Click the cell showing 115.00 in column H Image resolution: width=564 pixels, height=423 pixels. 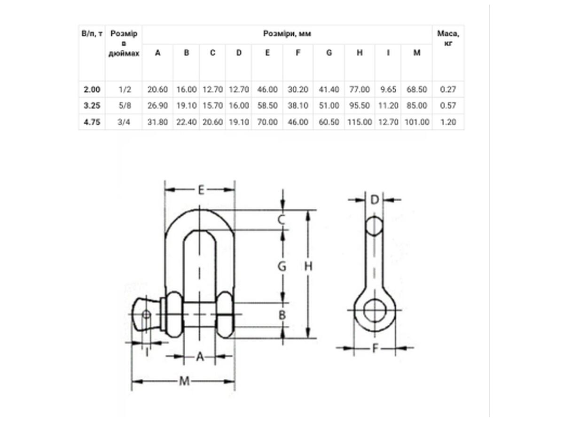click(360, 122)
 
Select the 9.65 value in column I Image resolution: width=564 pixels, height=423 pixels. click(388, 89)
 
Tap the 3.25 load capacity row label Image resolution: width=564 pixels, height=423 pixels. click(92, 106)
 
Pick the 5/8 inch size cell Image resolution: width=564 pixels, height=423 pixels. click(125, 106)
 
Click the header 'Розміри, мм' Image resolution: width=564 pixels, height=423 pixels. click(287, 34)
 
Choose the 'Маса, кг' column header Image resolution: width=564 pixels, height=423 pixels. click(448, 38)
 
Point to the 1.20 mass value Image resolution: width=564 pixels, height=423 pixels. click(448, 122)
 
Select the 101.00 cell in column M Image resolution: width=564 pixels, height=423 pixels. click(417, 122)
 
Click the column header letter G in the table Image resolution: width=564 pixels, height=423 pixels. click(329, 53)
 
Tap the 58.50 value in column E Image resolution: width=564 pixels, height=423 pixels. click(267, 106)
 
